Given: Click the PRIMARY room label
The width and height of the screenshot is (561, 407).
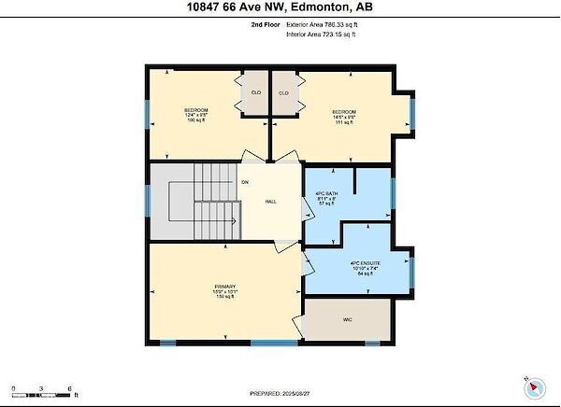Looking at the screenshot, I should click(x=224, y=286).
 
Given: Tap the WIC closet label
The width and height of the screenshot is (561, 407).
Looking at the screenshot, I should click(x=347, y=320).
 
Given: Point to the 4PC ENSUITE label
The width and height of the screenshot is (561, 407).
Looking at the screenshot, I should click(x=365, y=264).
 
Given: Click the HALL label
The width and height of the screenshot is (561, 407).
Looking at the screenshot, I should click(x=270, y=202).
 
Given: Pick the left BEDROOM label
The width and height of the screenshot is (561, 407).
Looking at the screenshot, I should click(x=195, y=110).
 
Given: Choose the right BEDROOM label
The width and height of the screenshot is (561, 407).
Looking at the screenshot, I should click(x=344, y=110).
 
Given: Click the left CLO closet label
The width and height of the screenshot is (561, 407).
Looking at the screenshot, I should click(x=255, y=93).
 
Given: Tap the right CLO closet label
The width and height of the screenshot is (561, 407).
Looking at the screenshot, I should click(x=284, y=93).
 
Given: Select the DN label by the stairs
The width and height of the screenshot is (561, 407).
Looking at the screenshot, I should click(x=245, y=181).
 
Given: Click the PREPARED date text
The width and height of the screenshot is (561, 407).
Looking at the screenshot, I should click(x=280, y=393).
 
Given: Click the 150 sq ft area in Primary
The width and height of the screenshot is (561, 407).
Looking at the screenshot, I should click(x=224, y=297).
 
